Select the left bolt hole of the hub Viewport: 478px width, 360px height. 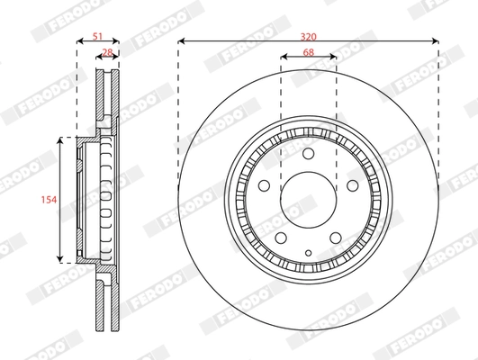tap(266, 187)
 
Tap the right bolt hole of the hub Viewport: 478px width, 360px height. tap(351, 187)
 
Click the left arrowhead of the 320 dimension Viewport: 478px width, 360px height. tap(181, 41)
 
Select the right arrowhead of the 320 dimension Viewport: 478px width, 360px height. tap(437, 41)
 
